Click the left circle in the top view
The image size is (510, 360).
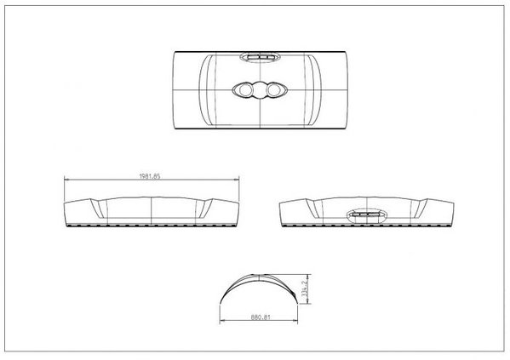[x=245, y=89]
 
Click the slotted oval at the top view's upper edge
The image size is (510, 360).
[x=258, y=57]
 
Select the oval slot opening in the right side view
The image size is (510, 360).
[x=365, y=216]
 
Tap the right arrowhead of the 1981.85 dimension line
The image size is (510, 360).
[x=238, y=180]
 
